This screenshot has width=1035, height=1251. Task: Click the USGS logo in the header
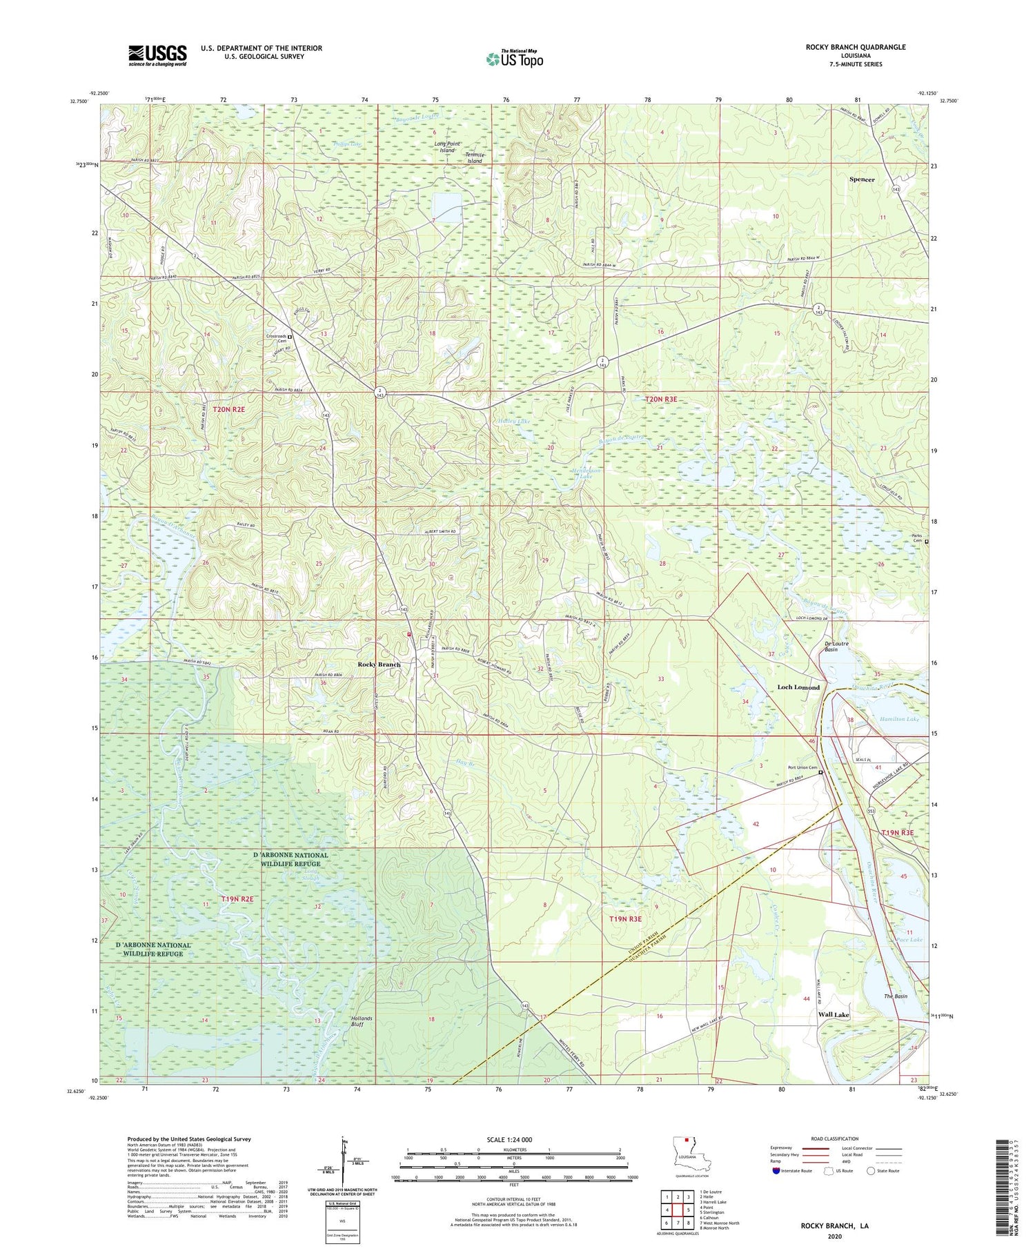(157, 55)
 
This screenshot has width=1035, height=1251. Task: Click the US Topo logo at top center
(514, 59)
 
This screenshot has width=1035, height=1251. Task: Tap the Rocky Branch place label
(379, 664)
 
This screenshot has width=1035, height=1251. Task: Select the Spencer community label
(862, 179)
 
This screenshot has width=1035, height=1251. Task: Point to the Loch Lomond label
(798, 687)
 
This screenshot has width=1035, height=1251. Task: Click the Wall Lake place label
(834, 1015)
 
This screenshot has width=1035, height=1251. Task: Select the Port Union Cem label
(802, 769)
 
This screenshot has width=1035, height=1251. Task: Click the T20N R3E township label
(667, 400)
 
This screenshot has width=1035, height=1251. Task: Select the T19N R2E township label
(237, 899)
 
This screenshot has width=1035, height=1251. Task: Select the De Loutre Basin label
(836, 646)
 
